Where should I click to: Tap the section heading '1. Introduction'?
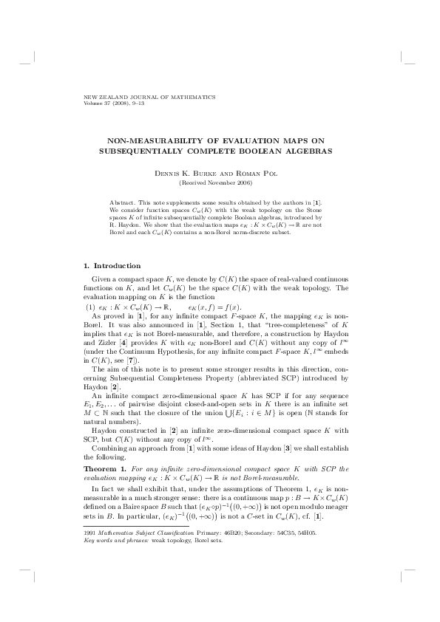114,264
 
